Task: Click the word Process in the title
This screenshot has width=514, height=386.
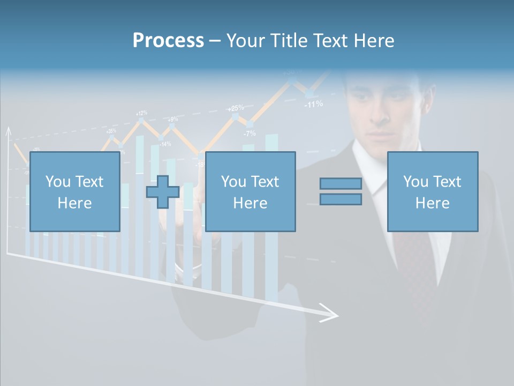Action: [x=168, y=40]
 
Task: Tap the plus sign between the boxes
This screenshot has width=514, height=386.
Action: [x=163, y=192]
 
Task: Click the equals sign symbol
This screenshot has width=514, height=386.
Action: [x=341, y=191]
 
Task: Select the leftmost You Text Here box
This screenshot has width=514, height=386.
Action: [x=74, y=191]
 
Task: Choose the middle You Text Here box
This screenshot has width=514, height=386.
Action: [x=250, y=191]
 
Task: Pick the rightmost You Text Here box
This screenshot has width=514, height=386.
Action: [x=432, y=191]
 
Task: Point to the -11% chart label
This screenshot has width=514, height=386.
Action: [x=313, y=104]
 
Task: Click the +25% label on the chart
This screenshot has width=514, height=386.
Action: [x=236, y=108]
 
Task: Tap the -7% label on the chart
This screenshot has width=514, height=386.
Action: [x=250, y=133]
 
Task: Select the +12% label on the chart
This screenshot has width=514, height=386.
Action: [x=141, y=113]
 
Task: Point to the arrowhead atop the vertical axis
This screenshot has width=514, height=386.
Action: [x=8, y=131]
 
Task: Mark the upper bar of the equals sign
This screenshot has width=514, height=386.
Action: [x=341, y=183]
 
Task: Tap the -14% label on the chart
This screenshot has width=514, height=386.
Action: [x=165, y=144]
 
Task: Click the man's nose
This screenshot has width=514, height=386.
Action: [x=381, y=115]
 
